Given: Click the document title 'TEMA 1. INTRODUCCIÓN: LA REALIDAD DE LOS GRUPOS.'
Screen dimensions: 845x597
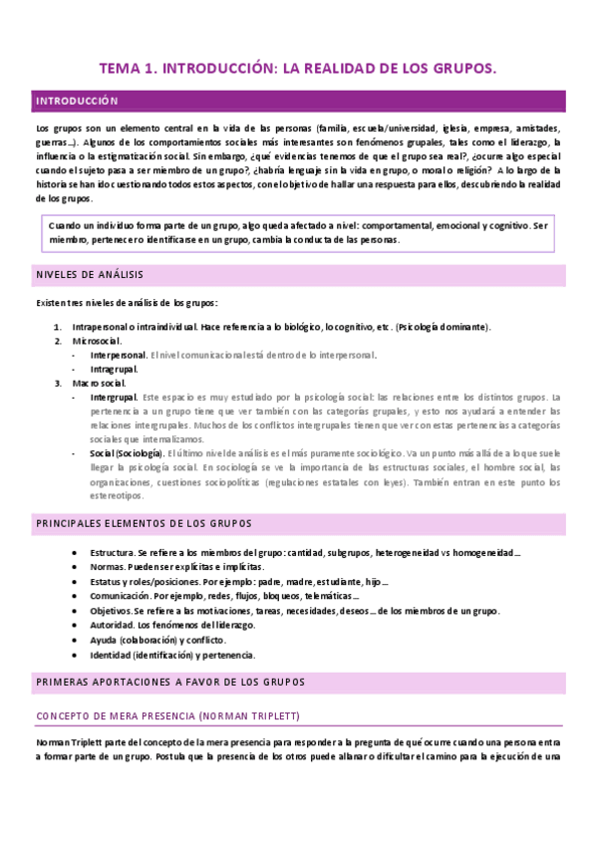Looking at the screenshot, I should pos(297,69).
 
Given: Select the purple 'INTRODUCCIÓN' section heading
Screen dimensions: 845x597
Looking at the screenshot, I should pos(77,101).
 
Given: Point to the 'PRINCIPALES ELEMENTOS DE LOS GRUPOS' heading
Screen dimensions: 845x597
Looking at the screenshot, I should pos(144,523).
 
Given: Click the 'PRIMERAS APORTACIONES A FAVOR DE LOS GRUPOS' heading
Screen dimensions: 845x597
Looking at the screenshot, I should pos(169,682).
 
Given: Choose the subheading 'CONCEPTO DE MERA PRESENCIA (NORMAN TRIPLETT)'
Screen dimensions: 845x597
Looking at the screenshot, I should pos(167,715).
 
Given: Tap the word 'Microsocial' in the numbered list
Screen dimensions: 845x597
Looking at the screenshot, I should pos(96,341).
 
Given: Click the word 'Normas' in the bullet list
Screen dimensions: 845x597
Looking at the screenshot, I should pos(106,566).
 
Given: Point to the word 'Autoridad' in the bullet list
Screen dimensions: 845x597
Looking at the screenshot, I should pos(111,626).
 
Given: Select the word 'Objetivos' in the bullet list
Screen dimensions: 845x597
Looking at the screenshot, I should pos(110,611).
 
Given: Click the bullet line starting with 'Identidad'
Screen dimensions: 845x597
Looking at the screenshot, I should pos(172,656).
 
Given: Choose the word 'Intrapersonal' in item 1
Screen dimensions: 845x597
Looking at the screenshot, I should pos(104,327).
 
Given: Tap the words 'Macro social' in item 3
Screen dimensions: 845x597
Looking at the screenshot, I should pos(98,383).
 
